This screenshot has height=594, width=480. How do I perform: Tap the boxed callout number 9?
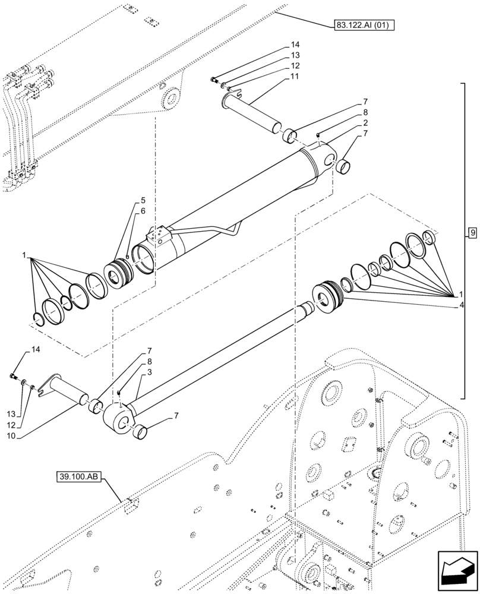tap(472, 233)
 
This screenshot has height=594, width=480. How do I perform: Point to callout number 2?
tap(365, 123)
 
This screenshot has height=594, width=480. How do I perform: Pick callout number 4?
tap(462, 305)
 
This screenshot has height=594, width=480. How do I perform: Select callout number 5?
tap(143, 200)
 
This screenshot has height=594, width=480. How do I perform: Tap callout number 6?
tap(143, 211)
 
